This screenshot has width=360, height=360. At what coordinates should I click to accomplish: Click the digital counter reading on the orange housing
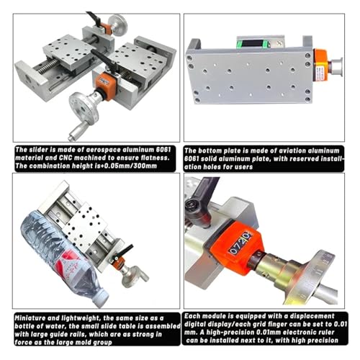(x=240, y=243)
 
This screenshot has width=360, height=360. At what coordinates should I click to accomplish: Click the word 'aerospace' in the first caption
(x=103, y=150)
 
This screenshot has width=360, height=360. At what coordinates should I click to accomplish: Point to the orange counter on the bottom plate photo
(x=322, y=66)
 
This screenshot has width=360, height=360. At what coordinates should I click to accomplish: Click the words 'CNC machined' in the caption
(x=83, y=158)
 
